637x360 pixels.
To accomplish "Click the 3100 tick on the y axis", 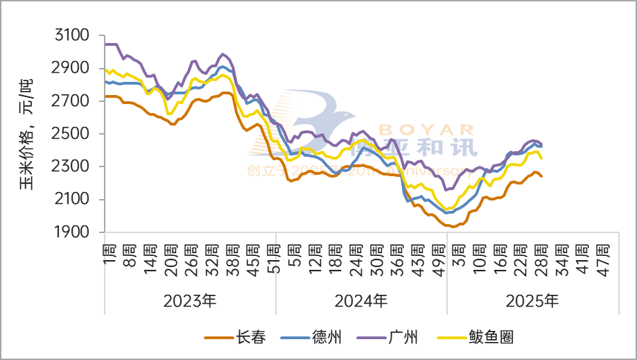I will pyautogui.click(x=72, y=35).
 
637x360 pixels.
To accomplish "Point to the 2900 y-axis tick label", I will pyautogui.click(x=72, y=68).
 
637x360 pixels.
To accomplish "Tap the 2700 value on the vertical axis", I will pyautogui.click(x=72, y=101).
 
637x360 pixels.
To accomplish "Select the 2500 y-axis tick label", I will pyautogui.click(x=72, y=134).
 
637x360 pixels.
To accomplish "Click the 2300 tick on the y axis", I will pyautogui.click(x=72, y=166).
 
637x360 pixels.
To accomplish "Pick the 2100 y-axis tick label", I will pyautogui.click(x=72, y=200).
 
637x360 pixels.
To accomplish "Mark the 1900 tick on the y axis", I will pyautogui.click(x=72, y=232).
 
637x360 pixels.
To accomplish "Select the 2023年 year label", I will pyautogui.click(x=190, y=301).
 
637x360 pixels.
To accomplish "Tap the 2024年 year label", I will pyautogui.click(x=361, y=301).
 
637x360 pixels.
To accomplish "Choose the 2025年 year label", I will pyautogui.click(x=532, y=301).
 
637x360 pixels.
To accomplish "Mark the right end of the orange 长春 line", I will pyautogui.click(x=541, y=176).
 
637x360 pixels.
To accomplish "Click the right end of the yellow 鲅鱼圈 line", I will pyautogui.click(x=541, y=159).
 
